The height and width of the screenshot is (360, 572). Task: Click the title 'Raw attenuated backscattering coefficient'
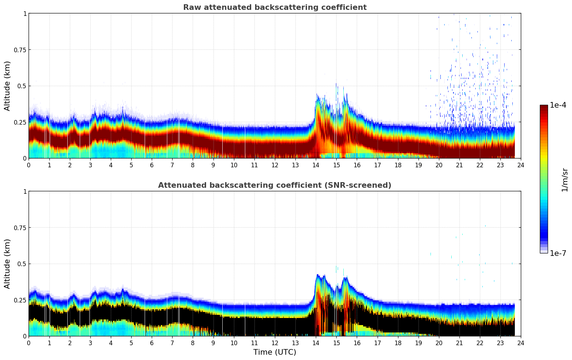[275, 7]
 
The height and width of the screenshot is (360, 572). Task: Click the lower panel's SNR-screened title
[275, 185]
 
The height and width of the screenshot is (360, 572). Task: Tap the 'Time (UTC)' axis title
[275, 352]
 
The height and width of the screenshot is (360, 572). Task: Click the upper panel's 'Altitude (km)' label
[7, 86]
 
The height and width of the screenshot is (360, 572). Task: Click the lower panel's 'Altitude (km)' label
[7, 264]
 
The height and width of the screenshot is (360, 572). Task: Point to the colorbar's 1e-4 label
[558, 105]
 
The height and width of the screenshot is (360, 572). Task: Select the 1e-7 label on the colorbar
[558, 253]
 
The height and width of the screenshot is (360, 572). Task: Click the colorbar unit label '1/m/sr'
[565, 180]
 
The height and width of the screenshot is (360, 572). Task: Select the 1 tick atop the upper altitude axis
[25, 13]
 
